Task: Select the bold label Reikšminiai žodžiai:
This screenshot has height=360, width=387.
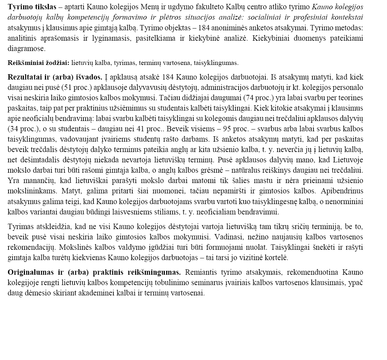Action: [39, 63]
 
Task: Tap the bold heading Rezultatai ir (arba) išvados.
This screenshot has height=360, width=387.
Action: [55, 77]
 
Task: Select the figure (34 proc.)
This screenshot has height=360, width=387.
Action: [21, 129]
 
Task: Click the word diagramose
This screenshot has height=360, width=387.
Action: [26, 49]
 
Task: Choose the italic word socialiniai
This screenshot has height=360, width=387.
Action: [261, 17]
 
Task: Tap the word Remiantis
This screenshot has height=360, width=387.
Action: [201, 273]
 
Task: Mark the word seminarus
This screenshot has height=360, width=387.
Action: [207, 283]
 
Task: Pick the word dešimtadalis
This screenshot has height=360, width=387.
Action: [36, 160]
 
